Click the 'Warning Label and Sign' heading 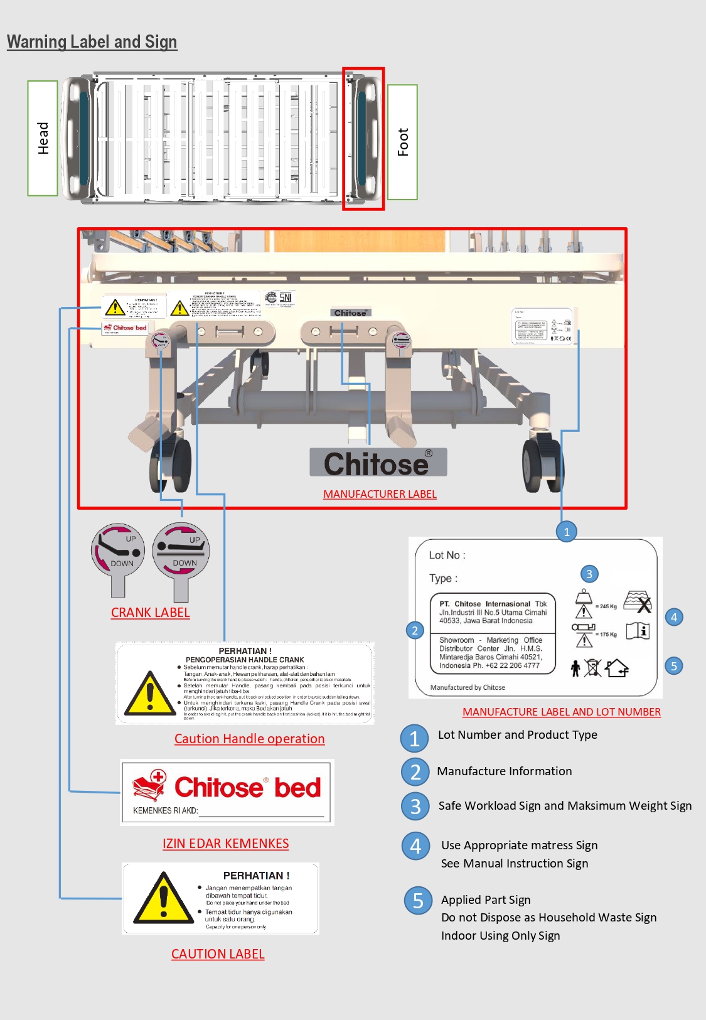92,42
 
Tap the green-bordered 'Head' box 43,138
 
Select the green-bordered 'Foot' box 402,142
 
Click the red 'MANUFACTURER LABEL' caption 380,494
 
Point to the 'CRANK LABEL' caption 150,613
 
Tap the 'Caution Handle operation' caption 249,739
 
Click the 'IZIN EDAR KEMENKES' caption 225,844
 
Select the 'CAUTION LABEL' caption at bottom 218,954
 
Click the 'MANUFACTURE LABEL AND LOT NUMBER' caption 561,712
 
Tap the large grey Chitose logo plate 378,463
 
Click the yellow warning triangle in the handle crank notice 149,694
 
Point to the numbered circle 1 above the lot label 566,532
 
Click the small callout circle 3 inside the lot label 589,574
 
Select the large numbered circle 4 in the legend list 415,846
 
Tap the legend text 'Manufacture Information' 504,771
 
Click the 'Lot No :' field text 447,555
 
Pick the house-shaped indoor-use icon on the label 617,668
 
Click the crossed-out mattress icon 638,601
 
